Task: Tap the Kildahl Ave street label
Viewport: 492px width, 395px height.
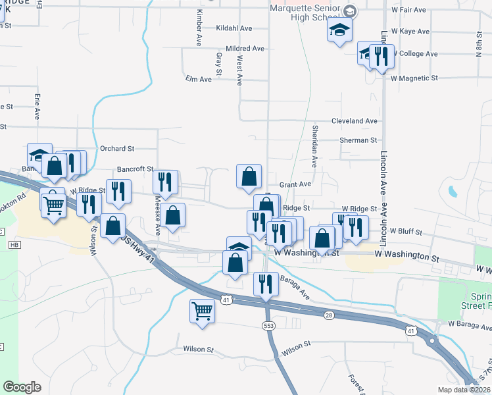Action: [x=235, y=29]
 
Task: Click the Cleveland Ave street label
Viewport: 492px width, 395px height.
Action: [x=355, y=121]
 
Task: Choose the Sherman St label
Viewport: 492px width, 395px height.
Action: [x=358, y=140]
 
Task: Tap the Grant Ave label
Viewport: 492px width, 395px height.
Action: [x=295, y=185]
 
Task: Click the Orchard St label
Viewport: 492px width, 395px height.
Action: [x=116, y=149]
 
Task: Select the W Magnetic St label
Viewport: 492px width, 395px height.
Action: [x=414, y=78]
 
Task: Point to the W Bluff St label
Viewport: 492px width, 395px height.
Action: [x=405, y=232]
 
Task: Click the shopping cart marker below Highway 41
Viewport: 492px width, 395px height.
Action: [x=202, y=310]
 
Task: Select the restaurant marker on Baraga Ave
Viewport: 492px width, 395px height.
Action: [x=265, y=284]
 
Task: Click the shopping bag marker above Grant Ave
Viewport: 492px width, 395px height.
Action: [x=249, y=176]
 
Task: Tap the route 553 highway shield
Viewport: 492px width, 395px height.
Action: [x=265, y=326]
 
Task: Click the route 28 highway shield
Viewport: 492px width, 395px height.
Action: [x=329, y=316]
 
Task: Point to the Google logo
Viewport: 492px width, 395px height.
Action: [x=22, y=387]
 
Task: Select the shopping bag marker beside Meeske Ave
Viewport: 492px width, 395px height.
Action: [x=172, y=215]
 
